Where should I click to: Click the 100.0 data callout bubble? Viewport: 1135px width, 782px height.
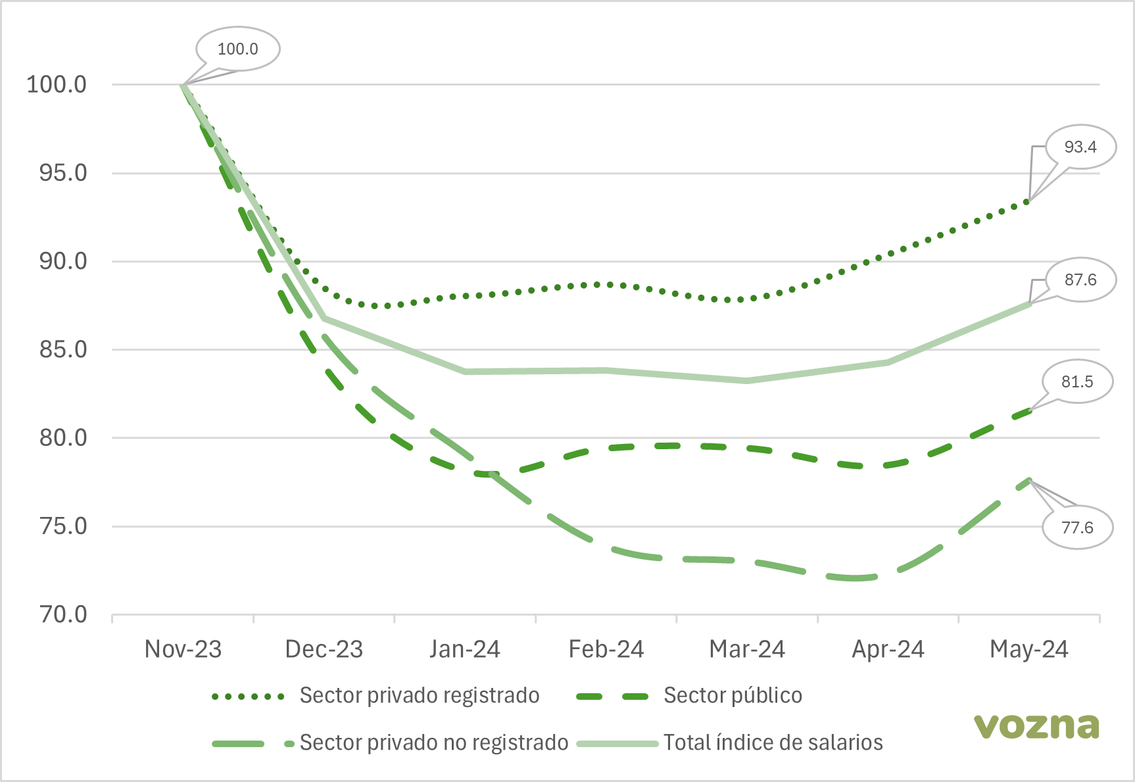tap(237, 49)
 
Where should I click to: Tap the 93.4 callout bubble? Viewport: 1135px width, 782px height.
tap(1080, 147)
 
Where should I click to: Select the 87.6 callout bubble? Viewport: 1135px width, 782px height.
tap(1080, 280)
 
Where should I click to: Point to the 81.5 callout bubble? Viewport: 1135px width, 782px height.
tap(1076, 381)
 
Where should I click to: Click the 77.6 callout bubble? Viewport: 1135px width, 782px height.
tap(1076, 527)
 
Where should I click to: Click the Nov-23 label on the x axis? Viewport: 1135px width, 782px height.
tap(183, 649)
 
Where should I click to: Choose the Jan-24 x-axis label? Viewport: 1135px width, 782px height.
tap(465, 649)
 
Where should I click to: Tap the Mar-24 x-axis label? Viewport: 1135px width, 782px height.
tap(747, 649)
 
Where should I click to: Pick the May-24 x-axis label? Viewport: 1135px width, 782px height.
tap(1029, 649)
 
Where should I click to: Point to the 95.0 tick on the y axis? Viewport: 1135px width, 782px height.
tap(63, 173)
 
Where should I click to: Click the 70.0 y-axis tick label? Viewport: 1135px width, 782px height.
tap(63, 614)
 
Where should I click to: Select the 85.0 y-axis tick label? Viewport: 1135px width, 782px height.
tap(63, 349)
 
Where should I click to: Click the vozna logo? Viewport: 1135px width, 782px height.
tap(1036, 725)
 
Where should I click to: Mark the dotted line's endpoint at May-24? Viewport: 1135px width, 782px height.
tap(1028, 201)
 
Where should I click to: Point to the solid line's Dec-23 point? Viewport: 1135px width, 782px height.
tap(324, 318)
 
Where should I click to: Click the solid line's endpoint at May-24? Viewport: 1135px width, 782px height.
tap(1029, 304)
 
